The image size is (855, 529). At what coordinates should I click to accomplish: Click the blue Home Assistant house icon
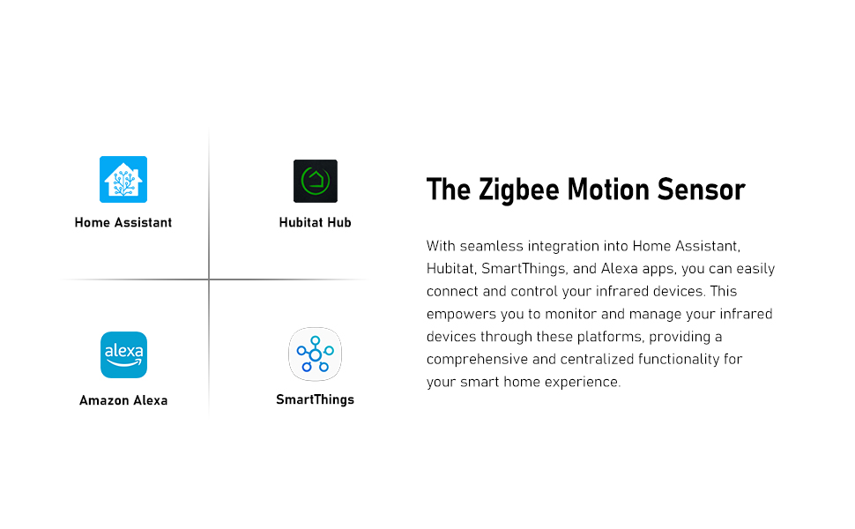(x=123, y=180)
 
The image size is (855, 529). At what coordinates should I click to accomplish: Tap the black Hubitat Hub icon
(x=316, y=181)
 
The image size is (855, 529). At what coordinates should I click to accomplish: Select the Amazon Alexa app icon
(x=123, y=354)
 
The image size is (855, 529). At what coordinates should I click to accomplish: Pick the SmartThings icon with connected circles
(x=316, y=354)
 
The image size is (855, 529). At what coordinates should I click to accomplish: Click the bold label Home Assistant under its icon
(x=123, y=222)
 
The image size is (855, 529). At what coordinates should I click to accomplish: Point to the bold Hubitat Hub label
(x=316, y=222)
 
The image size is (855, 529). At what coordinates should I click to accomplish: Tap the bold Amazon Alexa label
(x=123, y=400)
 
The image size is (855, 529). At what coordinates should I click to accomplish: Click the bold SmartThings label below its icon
(x=316, y=399)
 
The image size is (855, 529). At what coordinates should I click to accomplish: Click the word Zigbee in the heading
(x=519, y=190)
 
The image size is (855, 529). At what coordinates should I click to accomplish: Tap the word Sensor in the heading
(x=702, y=190)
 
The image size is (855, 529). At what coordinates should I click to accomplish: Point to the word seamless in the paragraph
(x=491, y=246)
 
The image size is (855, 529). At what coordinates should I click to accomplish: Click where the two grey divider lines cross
(x=209, y=279)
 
